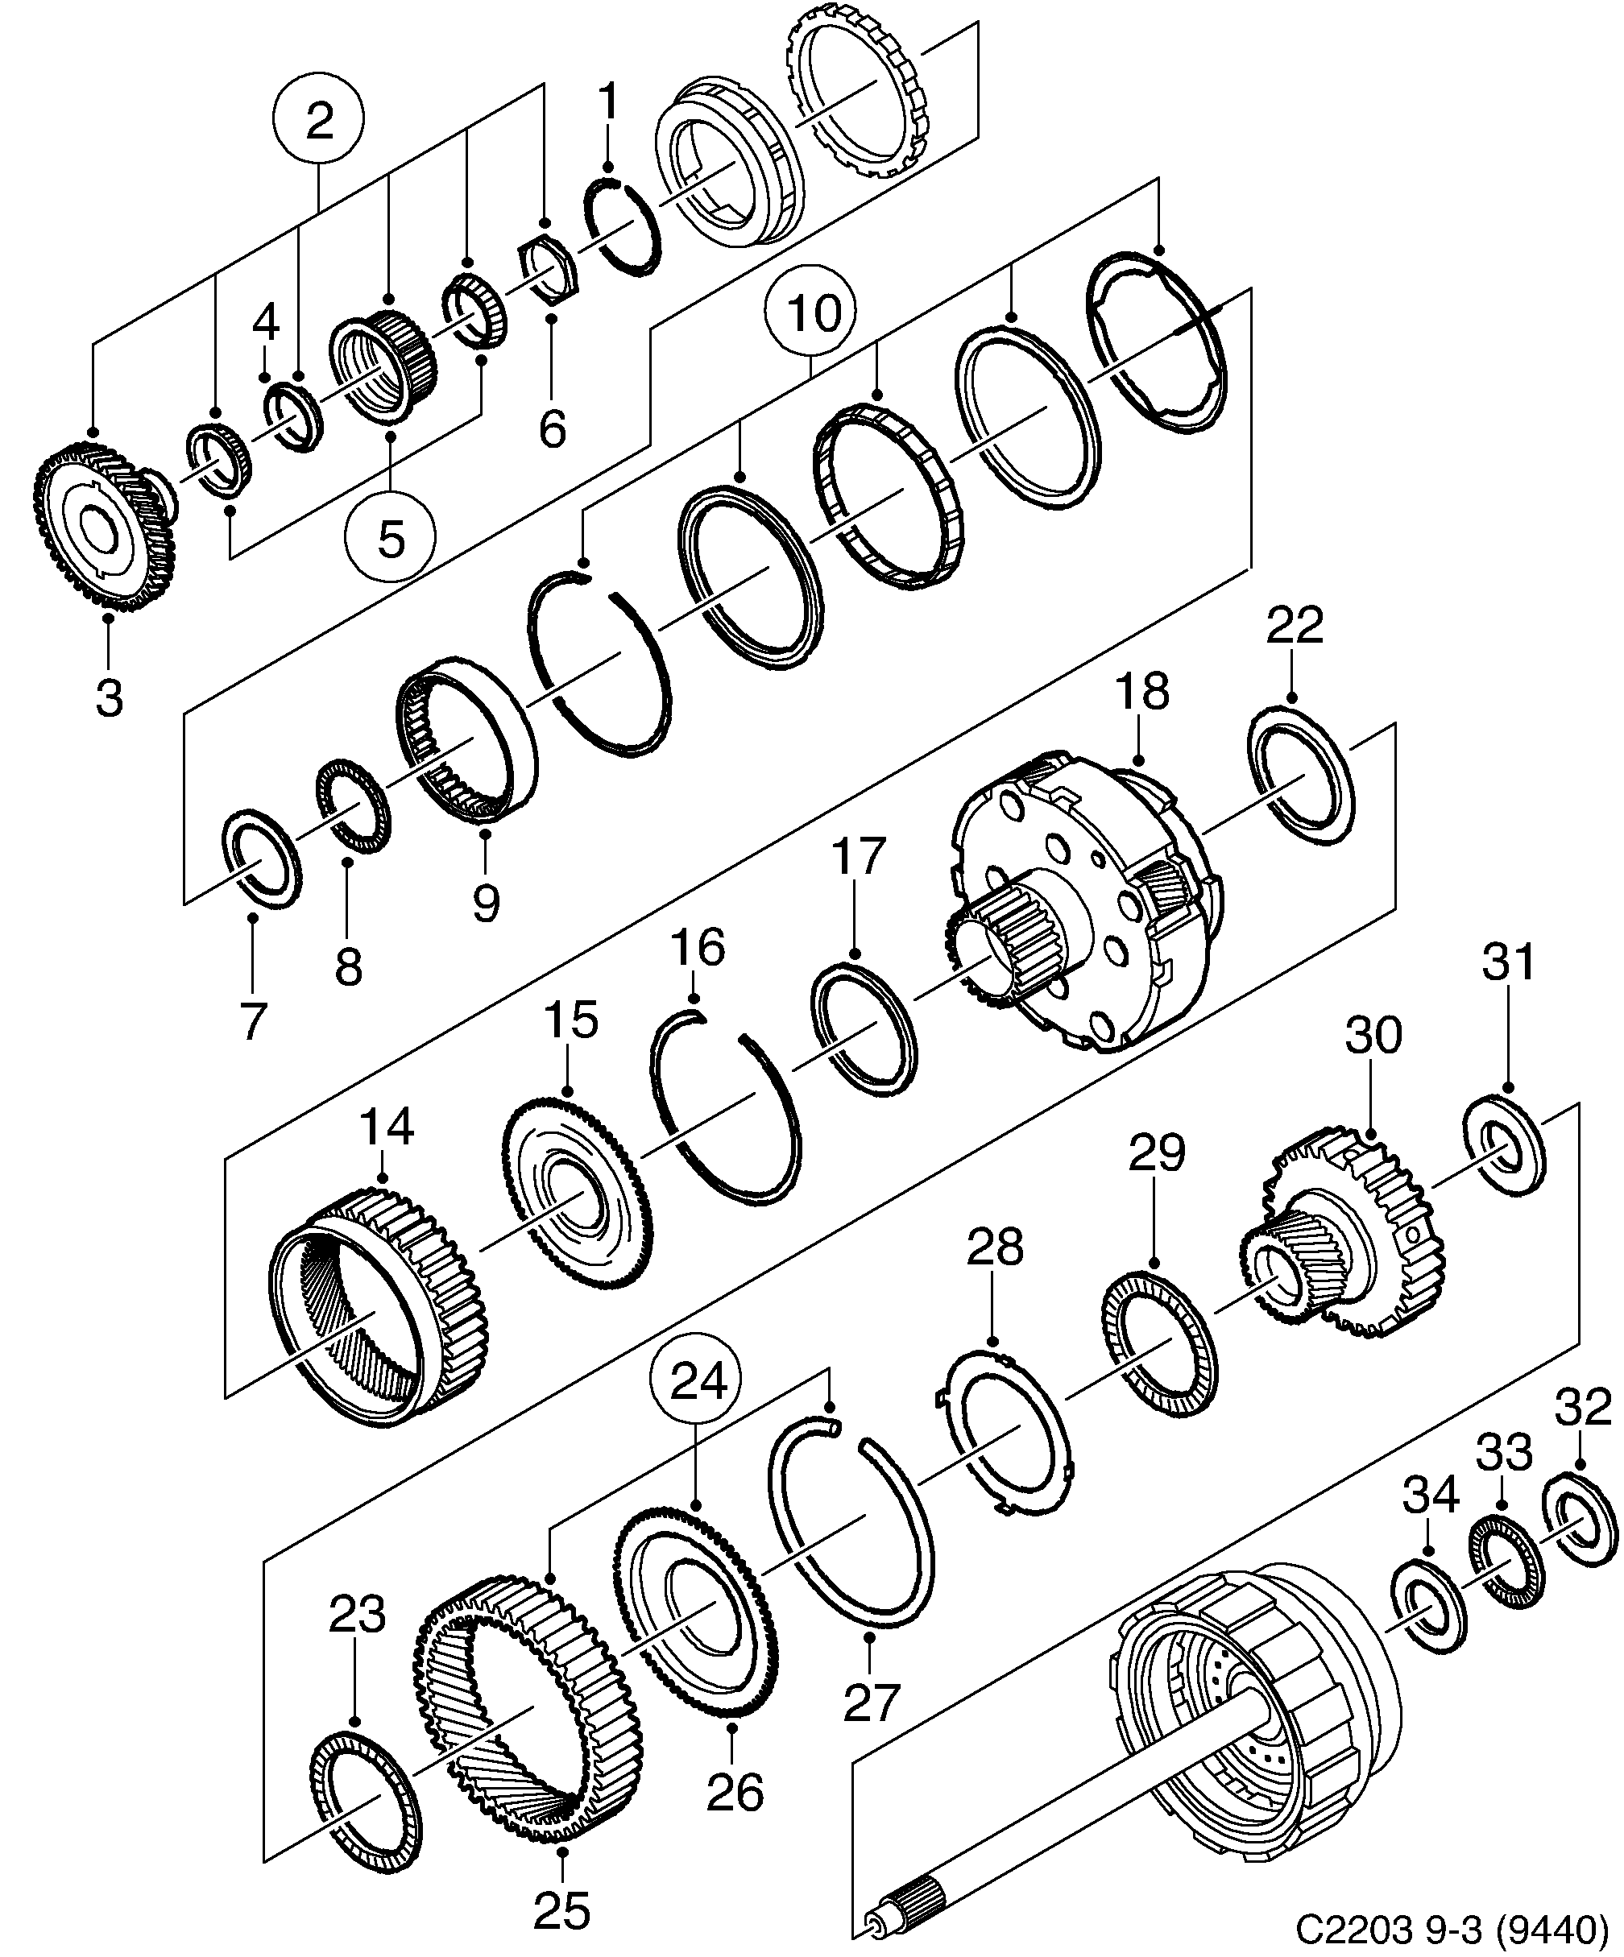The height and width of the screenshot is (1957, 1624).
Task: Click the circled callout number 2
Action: pos(318,121)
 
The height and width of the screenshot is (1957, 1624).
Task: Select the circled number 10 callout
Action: pos(810,314)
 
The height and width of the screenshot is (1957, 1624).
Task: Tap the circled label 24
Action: pos(699,1383)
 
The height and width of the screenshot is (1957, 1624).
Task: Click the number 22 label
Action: pos(1294,625)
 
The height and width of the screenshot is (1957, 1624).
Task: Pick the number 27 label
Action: pos(870,1701)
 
